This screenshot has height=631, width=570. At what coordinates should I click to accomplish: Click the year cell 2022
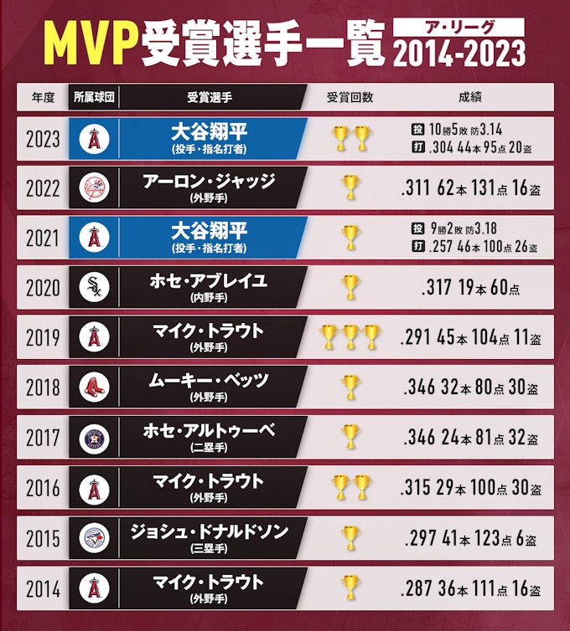tap(43, 188)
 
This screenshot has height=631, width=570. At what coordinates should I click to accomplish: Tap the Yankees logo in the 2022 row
tap(94, 188)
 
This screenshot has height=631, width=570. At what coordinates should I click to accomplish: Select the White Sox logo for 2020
tap(94, 288)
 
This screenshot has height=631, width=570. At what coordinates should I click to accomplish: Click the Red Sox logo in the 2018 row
tap(94, 387)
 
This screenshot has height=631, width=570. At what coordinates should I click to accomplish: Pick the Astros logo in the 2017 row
tap(94, 438)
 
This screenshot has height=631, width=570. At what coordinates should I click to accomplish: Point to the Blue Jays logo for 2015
tap(94, 537)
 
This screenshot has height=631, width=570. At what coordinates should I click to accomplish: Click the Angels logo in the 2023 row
tap(94, 138)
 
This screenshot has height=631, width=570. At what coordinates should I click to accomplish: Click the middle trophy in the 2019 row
tap(350, 338)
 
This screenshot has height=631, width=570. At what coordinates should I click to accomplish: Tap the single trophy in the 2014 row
tap(350, 587)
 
